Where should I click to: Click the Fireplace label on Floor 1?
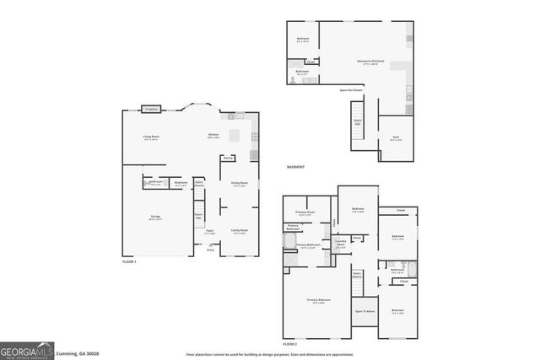[x=152, y=109]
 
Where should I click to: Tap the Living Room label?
[x=151, y=137]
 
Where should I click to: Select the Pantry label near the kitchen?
[x=228, y=158]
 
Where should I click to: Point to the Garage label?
[x=156, y=217]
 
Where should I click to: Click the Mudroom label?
[x=181, y=182]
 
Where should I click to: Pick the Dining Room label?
[x=239, y=183]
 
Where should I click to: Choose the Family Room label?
[x=239, y=230]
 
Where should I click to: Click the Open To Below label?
[x=364, y=311]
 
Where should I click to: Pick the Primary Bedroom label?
[x=318, y=300]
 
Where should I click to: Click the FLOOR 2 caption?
[x=290, y=344]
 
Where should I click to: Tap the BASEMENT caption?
[x=295, y=167]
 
